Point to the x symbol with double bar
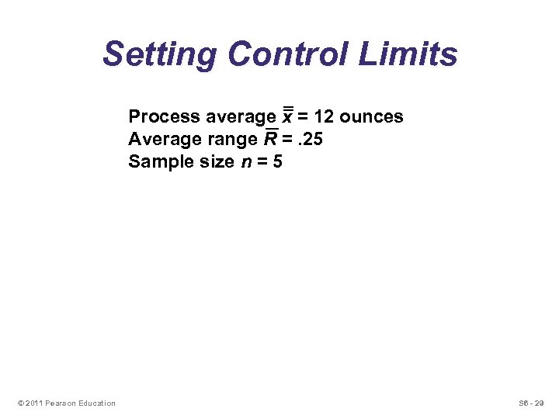tap(286, 116)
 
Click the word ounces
tap(372, 117)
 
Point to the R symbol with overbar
tap(272, 139)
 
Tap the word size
tap(215, 162)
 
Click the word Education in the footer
tap(96, 403)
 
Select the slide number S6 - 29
tap(531, 403)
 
